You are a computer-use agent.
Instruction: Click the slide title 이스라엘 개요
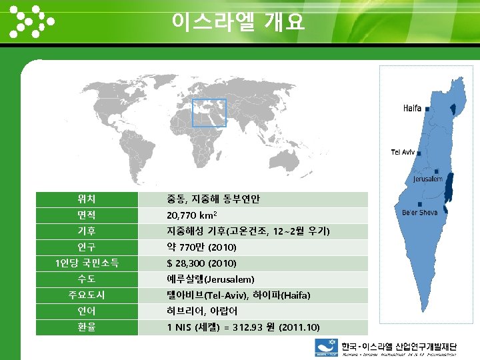coord(238,22)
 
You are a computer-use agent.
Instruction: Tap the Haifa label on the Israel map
coord(412,108)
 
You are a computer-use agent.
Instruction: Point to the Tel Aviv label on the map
coord(403,153)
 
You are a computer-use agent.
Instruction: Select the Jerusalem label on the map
coord(427,179)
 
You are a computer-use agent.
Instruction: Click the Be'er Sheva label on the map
coord(419,213)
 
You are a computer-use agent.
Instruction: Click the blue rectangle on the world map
coord(209,113)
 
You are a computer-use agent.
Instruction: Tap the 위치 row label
coord(87,199)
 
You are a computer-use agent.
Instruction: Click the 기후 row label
coord(87,231)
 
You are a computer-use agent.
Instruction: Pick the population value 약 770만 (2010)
coord(201,247)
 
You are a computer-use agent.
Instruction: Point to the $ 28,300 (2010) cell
coord(201,263)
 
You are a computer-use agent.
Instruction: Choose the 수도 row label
coord(87,279)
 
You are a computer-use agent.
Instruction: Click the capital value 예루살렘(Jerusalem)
coord(211,279)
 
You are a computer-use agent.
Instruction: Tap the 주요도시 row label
coord(87,295)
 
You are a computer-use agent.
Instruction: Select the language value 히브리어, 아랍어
coord(201,311)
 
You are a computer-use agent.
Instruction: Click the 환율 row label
coord(87,327)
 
